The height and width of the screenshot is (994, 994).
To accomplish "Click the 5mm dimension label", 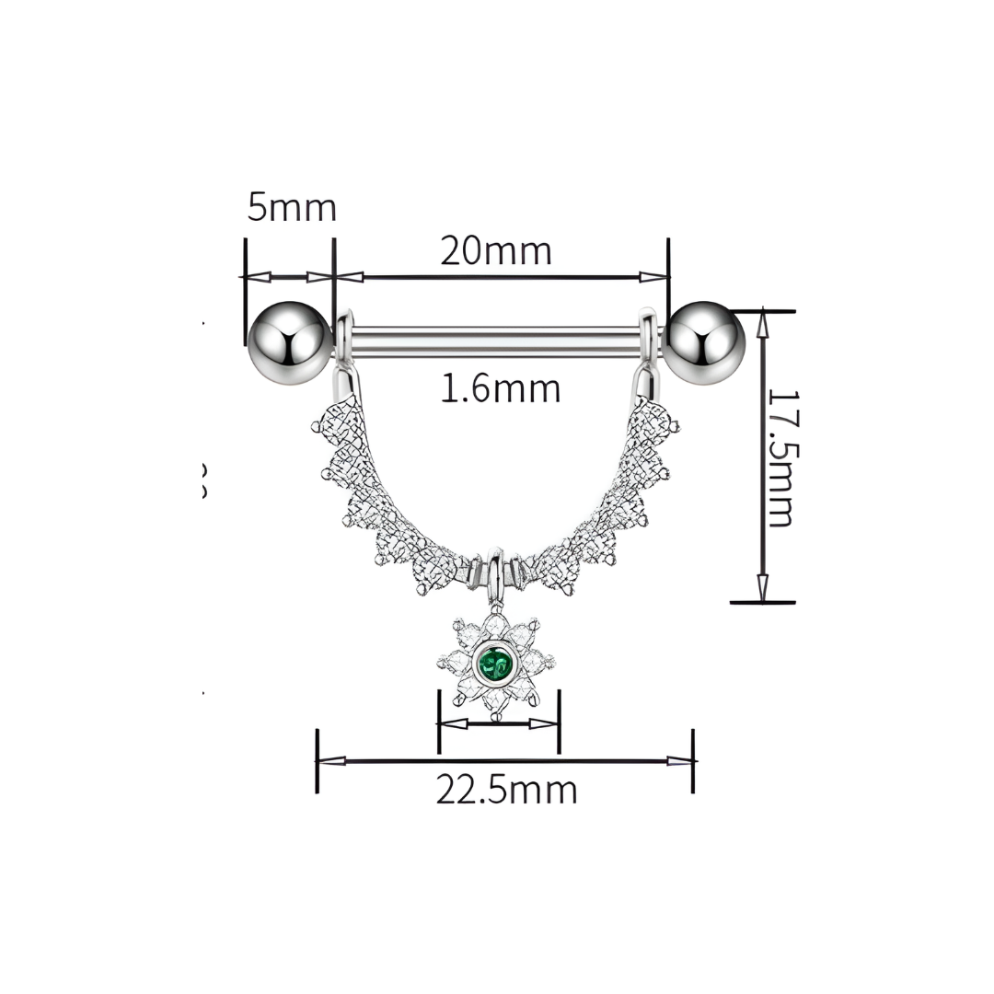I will coord(291,208).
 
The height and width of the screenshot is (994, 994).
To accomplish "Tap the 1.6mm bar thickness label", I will coord(500,388).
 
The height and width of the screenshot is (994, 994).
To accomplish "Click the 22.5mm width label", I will coord(506,790).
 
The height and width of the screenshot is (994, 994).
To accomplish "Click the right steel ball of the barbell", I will coord(703,341).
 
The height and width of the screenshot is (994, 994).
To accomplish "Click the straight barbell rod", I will coord(497,340).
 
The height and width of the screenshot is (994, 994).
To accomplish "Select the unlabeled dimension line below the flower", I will coord(498,723).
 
